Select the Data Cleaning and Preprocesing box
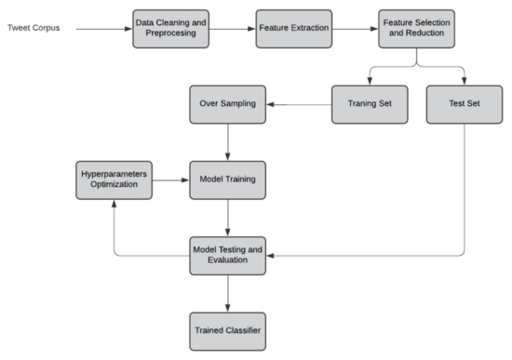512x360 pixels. [170, 29]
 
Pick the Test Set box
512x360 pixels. [464, 105]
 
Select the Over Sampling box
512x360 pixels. [227, 105]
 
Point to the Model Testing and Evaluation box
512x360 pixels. [227, 254]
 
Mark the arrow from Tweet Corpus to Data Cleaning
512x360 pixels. [102, 29]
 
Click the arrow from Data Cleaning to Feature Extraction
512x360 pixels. [232, 29]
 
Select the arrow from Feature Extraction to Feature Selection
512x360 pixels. [356, 29]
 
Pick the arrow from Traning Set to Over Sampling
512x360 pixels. [298, 105]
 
